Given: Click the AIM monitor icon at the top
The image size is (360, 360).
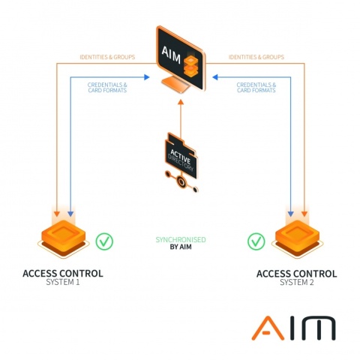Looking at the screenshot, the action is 181,59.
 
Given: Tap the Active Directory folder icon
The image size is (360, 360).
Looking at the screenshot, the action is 181,155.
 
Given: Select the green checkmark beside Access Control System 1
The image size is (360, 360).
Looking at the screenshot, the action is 104,241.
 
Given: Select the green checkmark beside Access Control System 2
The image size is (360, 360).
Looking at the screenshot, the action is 256,241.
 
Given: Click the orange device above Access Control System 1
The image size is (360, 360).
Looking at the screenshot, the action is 64,238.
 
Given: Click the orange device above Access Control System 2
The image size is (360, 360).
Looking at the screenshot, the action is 298,238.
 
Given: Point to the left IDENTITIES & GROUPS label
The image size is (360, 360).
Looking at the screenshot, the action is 107,57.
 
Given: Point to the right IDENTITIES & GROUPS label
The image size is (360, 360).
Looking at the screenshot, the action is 256,57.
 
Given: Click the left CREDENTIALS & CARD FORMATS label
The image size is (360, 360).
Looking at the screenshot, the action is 107,88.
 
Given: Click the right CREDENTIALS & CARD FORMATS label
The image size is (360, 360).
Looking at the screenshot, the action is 256,88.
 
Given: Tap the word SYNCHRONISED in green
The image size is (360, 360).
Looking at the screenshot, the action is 181,240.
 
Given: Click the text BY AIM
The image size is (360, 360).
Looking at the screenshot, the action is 181,247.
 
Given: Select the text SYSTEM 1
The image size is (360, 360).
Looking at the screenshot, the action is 63,282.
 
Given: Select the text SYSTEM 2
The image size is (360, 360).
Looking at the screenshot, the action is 297,283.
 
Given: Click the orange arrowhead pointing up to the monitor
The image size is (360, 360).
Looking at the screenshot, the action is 181,102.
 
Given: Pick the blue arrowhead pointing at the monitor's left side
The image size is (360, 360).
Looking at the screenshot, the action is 147,77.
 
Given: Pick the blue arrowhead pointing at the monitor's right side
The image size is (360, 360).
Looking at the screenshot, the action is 215,77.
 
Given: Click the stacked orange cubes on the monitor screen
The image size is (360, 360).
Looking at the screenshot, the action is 190,65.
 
